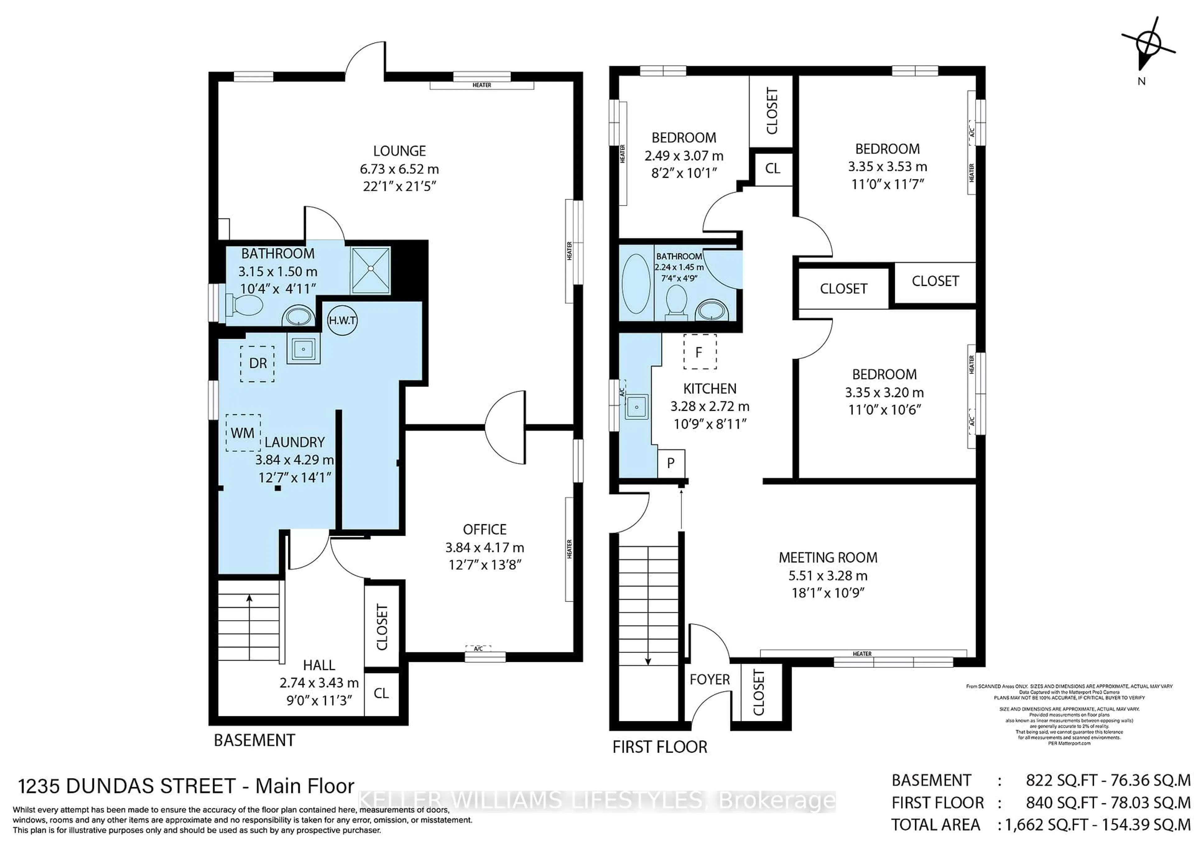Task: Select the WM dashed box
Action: pos(243,433)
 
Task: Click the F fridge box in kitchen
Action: pos(699,352)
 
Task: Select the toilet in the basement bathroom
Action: pos(244,305)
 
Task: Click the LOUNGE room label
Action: pos(399,151)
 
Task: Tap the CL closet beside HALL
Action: pos(381,693)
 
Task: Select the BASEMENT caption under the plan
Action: pos(254,740)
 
